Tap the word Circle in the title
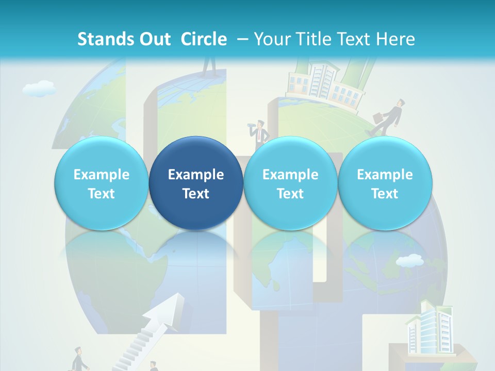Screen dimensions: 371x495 (204, 39)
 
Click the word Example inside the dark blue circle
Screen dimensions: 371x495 (196, 175)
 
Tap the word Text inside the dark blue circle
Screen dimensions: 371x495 (196, 194)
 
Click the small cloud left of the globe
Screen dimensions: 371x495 (39, 89)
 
